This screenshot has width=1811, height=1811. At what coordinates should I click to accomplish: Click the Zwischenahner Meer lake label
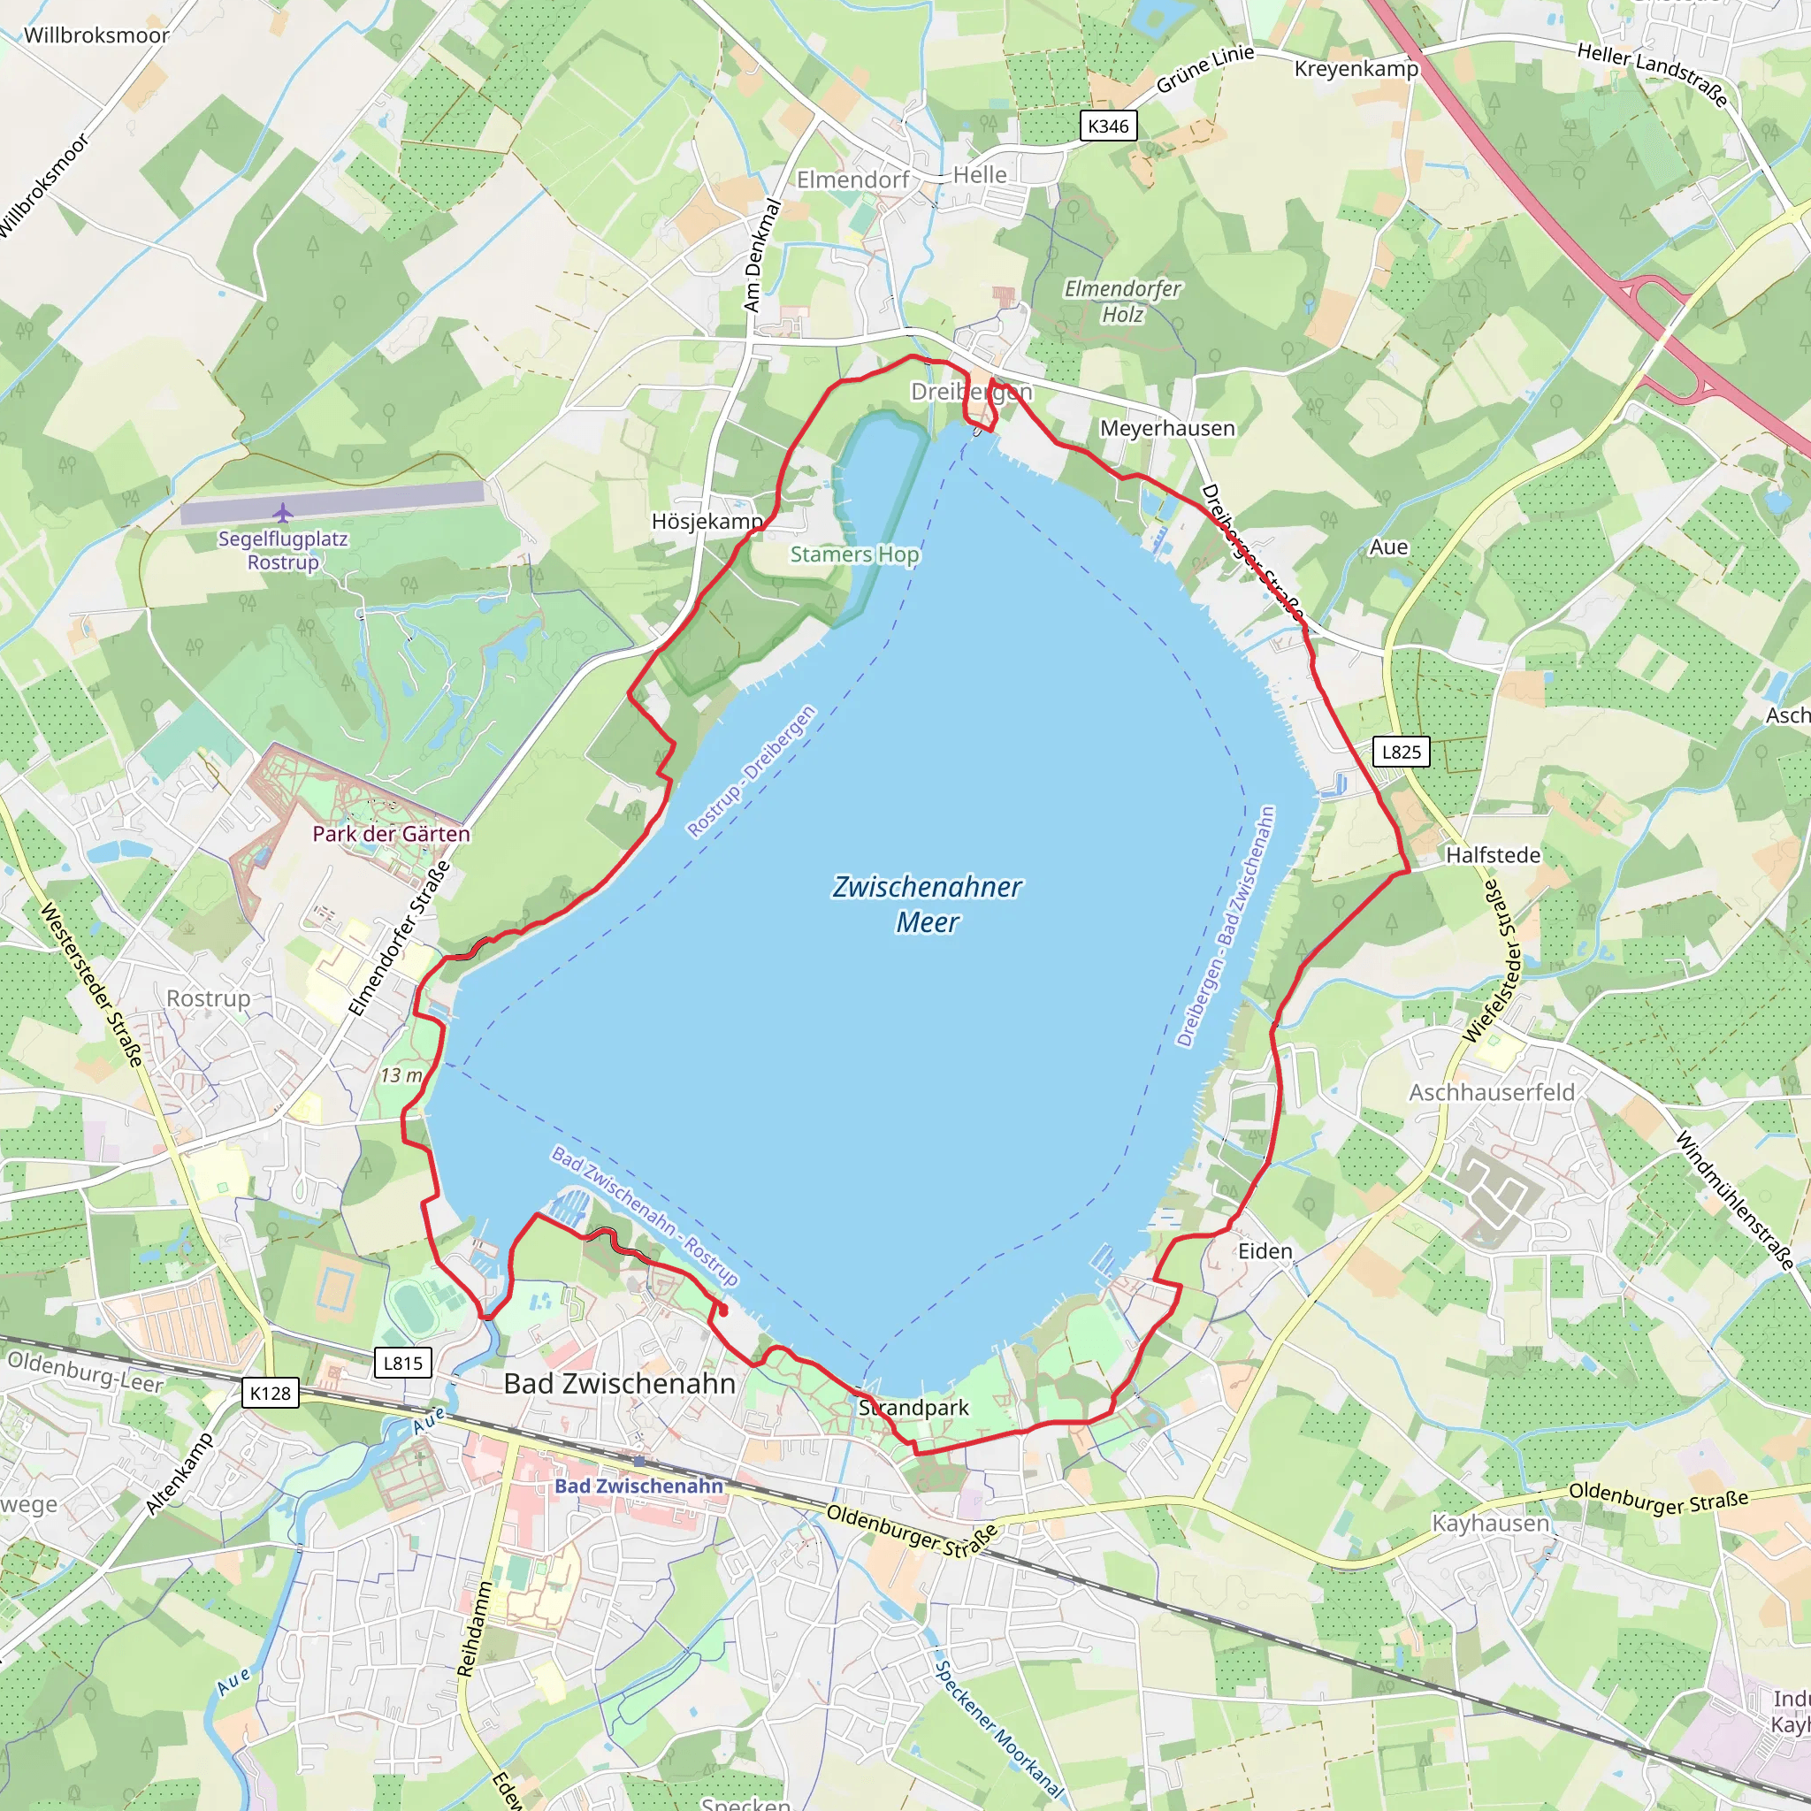pos(926,904)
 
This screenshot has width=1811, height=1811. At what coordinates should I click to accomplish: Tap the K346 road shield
pos(1108,126)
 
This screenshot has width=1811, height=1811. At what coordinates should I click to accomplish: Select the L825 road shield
pos(1402,752)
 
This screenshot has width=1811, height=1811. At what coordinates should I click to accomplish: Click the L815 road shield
pos(403,1363)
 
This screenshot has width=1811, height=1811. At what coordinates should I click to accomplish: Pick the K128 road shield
pos(270,1394)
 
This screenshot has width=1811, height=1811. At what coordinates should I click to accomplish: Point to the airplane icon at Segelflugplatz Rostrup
pos(283,513)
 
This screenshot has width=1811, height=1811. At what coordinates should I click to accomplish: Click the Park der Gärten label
pos(391,833)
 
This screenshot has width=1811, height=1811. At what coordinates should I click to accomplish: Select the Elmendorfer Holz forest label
pos(1122,301)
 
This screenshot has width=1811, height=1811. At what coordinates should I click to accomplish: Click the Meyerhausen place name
pos(1167,428)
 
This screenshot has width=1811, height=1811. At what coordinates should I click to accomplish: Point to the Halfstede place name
pos(1493,855)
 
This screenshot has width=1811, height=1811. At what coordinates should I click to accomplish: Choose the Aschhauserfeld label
pos(1492,1092)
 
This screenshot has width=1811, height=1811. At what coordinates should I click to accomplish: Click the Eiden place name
pos(1265,1251)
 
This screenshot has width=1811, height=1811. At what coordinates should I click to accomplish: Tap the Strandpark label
pos(914,1408)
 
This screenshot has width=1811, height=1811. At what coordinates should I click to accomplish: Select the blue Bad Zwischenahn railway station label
pos(638,1486)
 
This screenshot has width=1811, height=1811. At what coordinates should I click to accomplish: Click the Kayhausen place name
pos(1490,1524)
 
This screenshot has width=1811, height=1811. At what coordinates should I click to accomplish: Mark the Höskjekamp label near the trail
pos(707,521)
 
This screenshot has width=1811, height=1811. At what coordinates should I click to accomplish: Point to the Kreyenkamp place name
pos(1356,68)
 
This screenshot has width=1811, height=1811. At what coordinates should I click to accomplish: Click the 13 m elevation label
pos(401,1075)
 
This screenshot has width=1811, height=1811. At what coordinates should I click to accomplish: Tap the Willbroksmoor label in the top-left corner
pos(96,35)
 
